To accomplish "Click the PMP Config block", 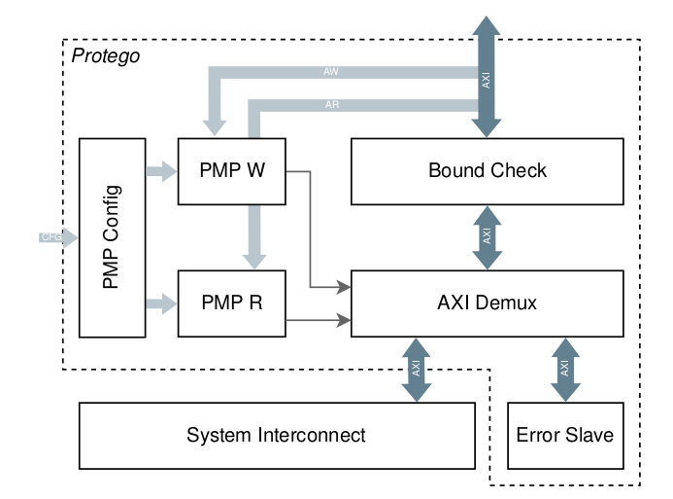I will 112,237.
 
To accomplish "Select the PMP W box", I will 232,171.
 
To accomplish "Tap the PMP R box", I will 232,303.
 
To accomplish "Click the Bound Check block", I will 487,171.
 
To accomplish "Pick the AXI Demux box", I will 487,303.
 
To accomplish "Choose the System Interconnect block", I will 276,435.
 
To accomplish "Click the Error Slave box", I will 564,435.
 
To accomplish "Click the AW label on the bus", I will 331,72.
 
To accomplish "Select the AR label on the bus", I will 331,104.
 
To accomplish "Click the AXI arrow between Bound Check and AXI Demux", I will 487,237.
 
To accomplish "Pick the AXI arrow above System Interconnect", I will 416,370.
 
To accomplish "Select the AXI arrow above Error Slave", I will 564,370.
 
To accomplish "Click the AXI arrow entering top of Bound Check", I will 487,78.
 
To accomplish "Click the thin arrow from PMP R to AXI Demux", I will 319,318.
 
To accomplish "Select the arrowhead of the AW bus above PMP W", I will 214,126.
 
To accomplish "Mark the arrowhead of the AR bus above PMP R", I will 254,259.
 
